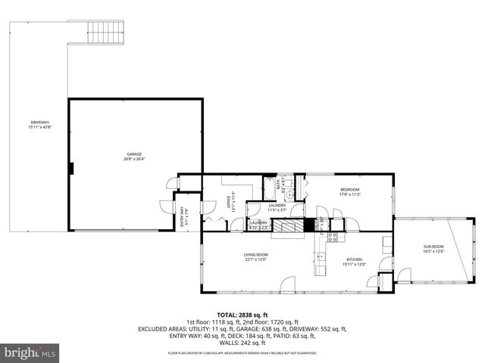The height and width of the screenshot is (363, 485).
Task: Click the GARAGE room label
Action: click(134, 154)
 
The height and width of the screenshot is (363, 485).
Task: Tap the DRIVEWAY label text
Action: click(40, 123)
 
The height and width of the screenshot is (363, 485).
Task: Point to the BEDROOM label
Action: click(349, 189)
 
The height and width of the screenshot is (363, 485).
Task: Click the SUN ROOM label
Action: click(433, 247)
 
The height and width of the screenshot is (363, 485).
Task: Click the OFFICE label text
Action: click(228, 202)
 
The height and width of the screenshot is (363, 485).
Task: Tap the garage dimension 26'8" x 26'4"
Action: click(134, 160)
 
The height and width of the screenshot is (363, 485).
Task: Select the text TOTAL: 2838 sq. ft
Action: click(242, 315)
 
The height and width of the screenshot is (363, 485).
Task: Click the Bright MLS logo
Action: click(30, 352)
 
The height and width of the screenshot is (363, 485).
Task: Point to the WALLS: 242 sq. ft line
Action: click(242, 343)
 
